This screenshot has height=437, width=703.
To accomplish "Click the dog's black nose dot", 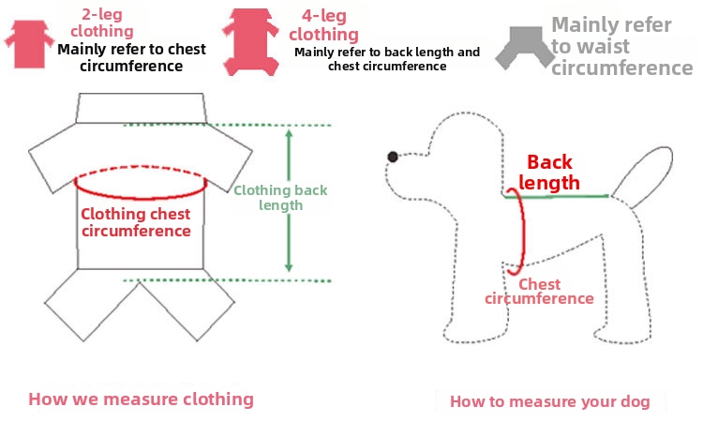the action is pos(393,157).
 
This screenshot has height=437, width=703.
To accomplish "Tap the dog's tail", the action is pos(643,176).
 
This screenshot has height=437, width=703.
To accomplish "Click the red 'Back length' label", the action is pos(549,173).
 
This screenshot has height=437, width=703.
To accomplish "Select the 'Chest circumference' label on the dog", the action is pos(539,292).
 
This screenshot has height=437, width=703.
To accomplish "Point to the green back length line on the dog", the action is pos(557,196).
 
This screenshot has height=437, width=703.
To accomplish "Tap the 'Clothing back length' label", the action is pos(280,198).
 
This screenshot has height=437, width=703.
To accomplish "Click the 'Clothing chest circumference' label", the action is pos(136,222).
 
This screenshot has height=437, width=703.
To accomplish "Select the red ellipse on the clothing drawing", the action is pos(141,196).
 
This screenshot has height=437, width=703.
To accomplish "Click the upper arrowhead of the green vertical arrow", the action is pos(289,133).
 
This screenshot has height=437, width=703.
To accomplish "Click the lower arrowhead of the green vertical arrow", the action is pos(289,268).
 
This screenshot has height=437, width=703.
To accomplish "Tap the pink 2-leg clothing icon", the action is pos(29,44).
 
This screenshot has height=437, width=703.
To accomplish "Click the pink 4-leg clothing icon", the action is pos(250,41).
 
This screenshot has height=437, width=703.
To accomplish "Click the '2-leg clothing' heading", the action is pos(102,23).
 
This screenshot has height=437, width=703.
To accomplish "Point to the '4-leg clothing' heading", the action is pos(323,25).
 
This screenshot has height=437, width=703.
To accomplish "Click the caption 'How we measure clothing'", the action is pos(141,399).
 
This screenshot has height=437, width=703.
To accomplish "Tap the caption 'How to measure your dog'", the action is pos(550,401).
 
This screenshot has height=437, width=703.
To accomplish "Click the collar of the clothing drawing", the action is pos(141,108).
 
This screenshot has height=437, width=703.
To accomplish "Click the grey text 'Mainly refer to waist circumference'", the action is pos(621,46).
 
